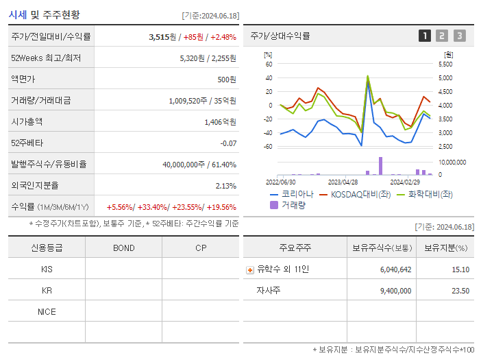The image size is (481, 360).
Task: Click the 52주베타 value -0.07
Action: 227,143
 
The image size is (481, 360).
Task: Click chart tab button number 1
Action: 425,36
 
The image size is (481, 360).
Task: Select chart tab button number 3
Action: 459,36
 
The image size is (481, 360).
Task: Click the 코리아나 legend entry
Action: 292,194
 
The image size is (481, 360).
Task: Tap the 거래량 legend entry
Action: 292,204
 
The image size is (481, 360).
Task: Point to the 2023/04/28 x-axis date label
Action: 343,182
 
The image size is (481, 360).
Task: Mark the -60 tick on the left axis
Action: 268,147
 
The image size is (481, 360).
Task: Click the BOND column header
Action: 123,248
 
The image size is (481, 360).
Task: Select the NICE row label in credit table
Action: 47,311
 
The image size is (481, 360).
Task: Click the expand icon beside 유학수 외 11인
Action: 249,269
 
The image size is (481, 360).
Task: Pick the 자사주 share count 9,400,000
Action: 395,291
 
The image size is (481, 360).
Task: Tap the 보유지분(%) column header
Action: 445,248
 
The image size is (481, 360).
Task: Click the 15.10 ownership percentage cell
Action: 461,269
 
